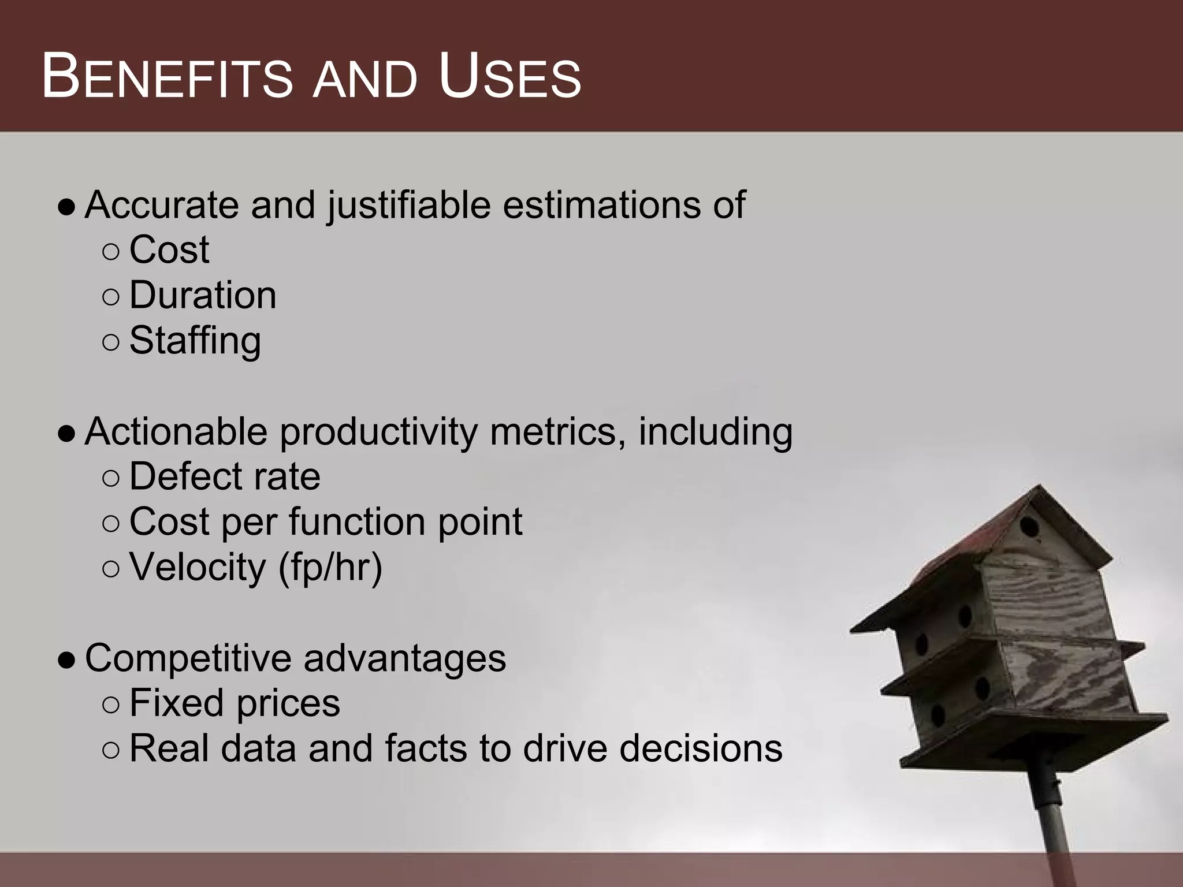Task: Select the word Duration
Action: click(203, 295)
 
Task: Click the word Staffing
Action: click(195, 341)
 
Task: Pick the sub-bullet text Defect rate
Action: click(225, 476)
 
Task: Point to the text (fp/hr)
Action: click(330, 567)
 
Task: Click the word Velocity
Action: click(197, 567)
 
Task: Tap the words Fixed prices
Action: click(235, 703)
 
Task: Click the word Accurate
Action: click(162, 204)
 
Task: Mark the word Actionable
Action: click(176, 431)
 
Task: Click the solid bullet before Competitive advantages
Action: click(66, 659)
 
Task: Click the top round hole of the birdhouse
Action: click(1029, 526)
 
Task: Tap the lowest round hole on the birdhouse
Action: click(938, 716)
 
